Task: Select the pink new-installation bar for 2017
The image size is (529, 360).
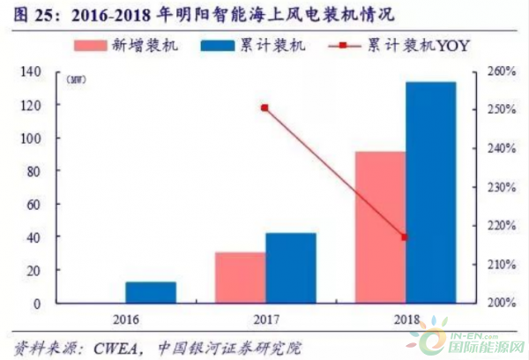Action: pyautogui.click(x=240, y=278)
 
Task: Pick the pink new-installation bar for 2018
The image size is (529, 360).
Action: pyautogui.click(x=380, y=228)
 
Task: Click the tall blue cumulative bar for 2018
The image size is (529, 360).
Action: pyautogui.click(x=430, y=192)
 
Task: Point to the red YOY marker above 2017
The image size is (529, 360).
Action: pyautogui.click(x=264, y=108)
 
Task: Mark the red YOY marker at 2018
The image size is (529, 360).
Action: pyautogui.click(x=405, y=237)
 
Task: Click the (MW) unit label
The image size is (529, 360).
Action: pyautogui.click(x=76, y=80)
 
